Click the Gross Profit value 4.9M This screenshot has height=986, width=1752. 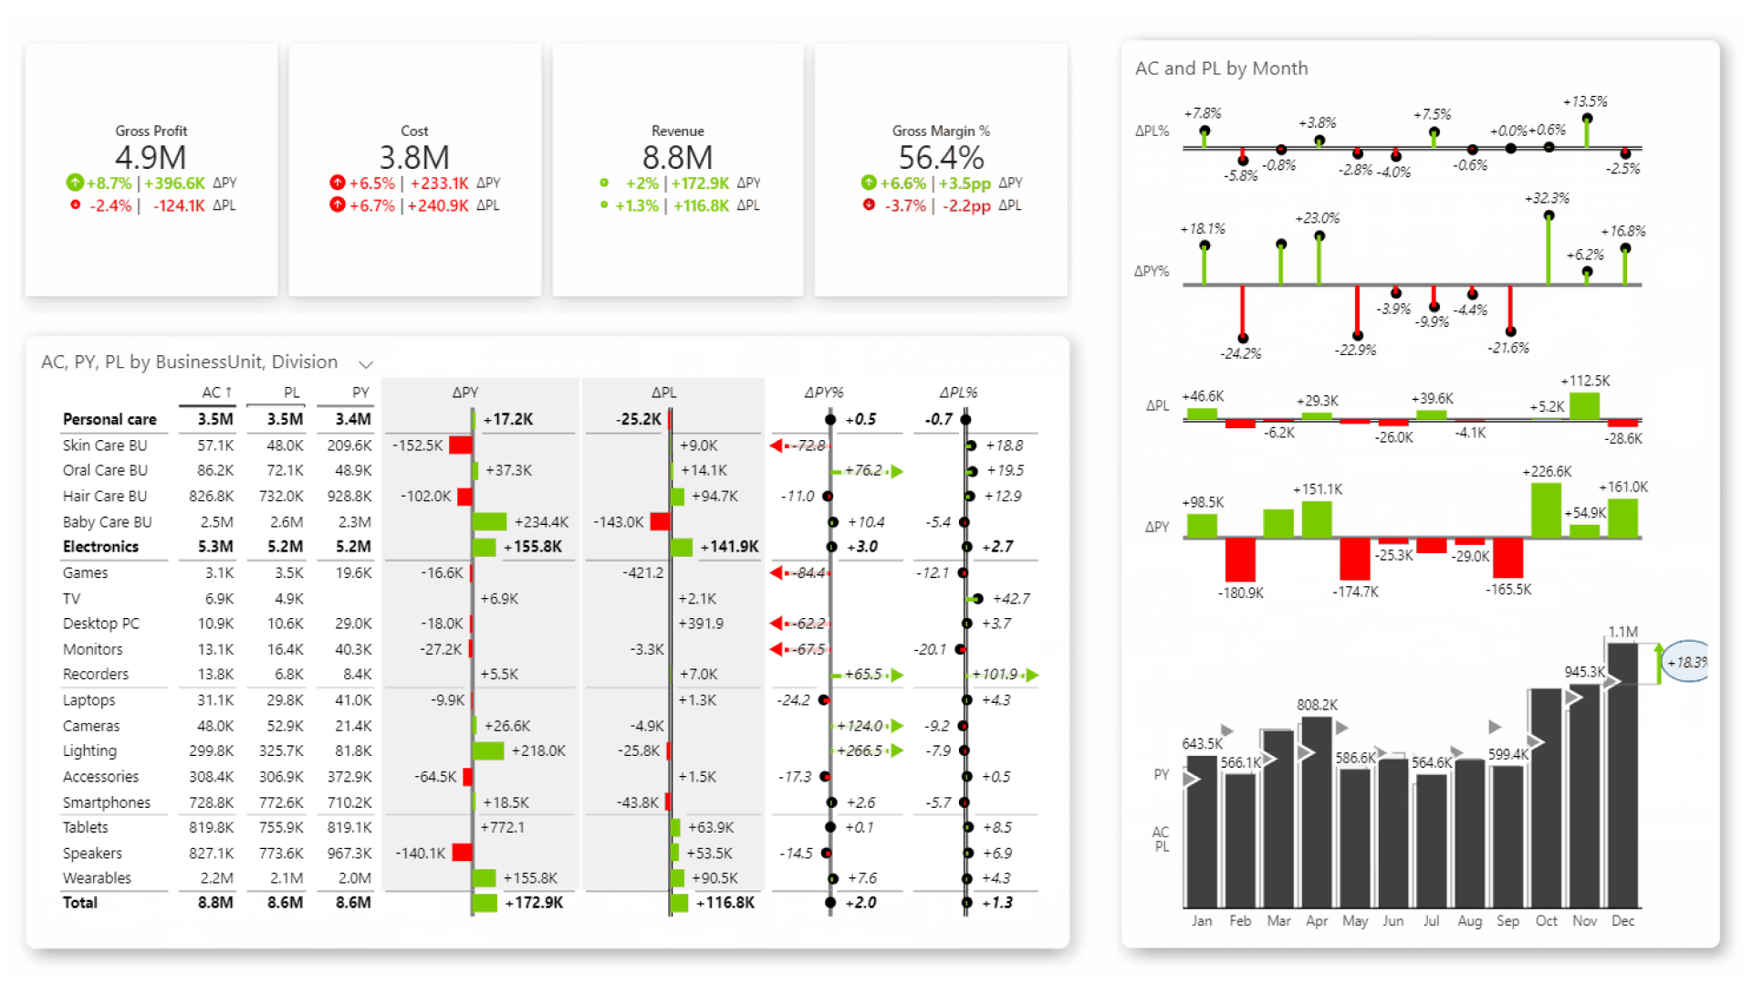(x=151, y=158)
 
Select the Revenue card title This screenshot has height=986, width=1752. (x=677, y=131)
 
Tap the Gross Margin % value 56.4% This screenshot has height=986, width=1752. (x=941, y=158)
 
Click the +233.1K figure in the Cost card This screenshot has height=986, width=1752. (x=439, y=184)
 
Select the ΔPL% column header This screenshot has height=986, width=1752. (x=958, y=393)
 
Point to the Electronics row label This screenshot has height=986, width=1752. (x=100, y=547)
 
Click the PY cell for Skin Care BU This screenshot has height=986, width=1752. (x=349, y=446)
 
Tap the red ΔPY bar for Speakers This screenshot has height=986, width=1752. (x=462, y=853)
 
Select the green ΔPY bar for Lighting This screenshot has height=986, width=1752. (x=488, y=750)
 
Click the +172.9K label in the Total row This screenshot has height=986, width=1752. (x=534, y=903)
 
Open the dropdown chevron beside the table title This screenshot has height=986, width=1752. (x=366, y=364)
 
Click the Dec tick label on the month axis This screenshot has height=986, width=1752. (x=1622, y=921)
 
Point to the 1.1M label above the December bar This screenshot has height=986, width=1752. (x=1622, y=632)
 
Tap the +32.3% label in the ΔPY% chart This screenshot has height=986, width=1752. (x=1547, y=198)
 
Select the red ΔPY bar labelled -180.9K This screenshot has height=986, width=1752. (x=1240, y=559)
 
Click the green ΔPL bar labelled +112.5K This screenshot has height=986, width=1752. (x=1585, y=405)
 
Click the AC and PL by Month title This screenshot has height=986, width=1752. (x=1221, y=68)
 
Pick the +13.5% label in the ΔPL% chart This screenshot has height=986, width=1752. (x=1585, y=101)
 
